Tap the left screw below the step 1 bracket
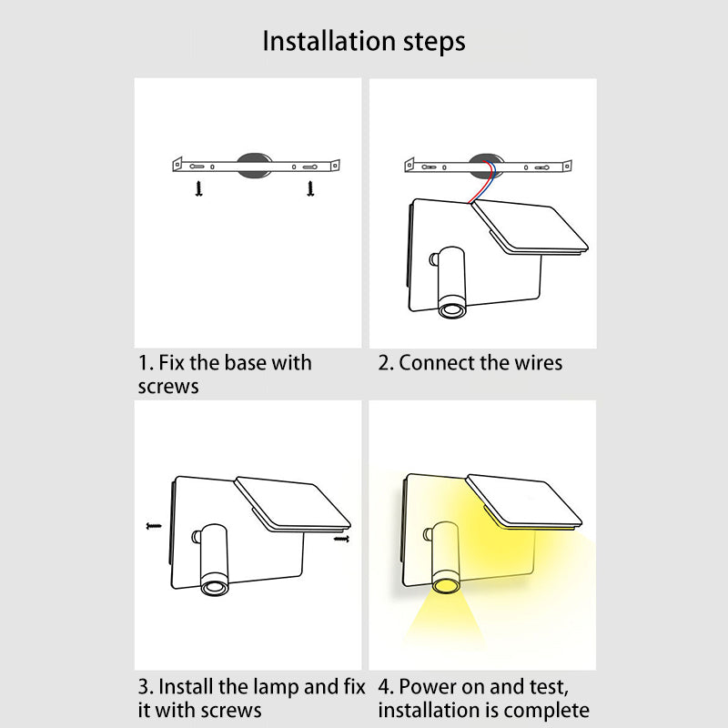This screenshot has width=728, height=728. (x=199, y=188)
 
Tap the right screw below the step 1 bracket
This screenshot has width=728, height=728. (x=310, y=188)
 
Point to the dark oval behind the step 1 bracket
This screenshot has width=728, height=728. (x=254, y=166)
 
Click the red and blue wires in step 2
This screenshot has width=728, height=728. (x=484, y=181)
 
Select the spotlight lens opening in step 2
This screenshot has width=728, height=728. (x=452, y=308)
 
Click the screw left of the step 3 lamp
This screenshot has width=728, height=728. (x=154, y=526)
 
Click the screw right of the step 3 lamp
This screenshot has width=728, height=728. (x=341, y=539)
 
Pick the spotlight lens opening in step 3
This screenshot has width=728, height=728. (x=215, y=588)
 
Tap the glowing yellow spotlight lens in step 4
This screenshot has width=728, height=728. (x=445, y=585)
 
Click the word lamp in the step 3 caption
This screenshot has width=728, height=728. (x=274, y=687)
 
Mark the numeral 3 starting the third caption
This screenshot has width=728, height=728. (x=143, y=687)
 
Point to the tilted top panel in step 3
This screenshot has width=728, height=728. (x=292, y=504)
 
